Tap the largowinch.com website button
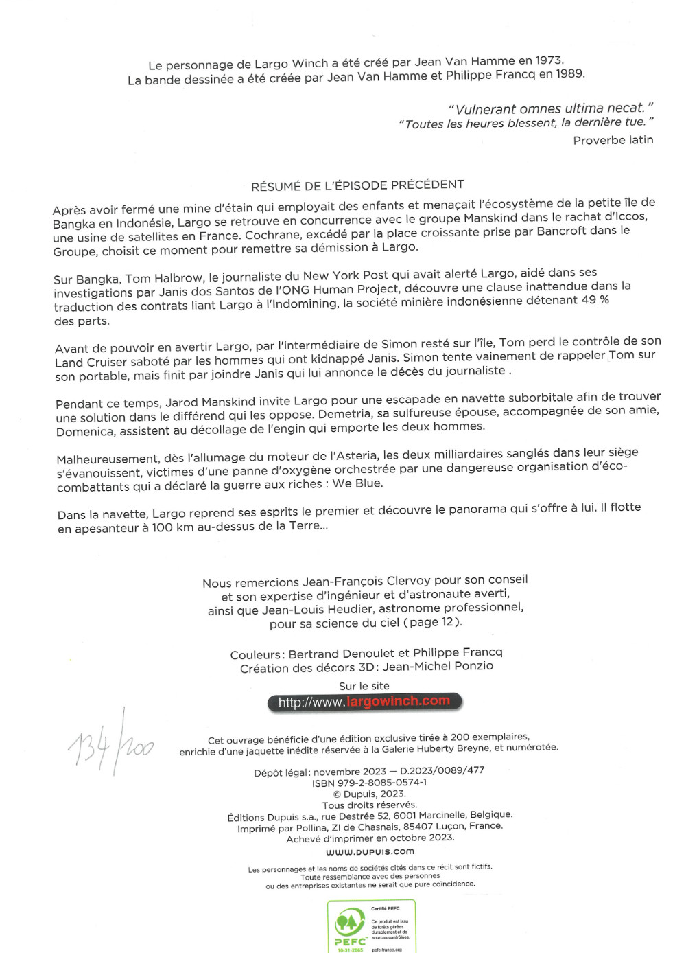pyautogui.click(x=364, y=702)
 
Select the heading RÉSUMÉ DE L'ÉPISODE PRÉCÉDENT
pyautogui.click(x=357, y=185)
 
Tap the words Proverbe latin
pyautogui.click(x=613, y=140)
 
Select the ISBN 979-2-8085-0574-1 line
pyautogui.click(x=369, y=783)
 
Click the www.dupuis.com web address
pyautogui.click(x=370, y=851)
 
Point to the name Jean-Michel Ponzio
pyautogui.click(x=438, y=666)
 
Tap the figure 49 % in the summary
pyautogui.click(x=594, y=300)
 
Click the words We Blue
pyautogui.click(x=357, y=484)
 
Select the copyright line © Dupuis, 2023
pyautogui.click(x=369, y=794)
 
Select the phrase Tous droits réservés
pyautogui.click(x=369, y=805)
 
